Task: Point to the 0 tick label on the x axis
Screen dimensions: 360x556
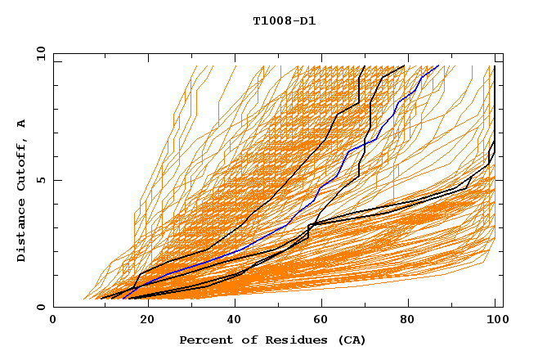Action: (54, 320)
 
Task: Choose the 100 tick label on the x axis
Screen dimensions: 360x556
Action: (495, 320)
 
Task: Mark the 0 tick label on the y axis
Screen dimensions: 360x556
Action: (41, 308)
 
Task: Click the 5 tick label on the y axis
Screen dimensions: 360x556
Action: (41, 181)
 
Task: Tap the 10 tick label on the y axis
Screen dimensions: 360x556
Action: (38, 54)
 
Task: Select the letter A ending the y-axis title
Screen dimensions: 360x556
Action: (22, 124)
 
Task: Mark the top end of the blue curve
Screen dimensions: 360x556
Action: (439, 65)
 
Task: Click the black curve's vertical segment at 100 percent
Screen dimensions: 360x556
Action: (495, 106)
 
